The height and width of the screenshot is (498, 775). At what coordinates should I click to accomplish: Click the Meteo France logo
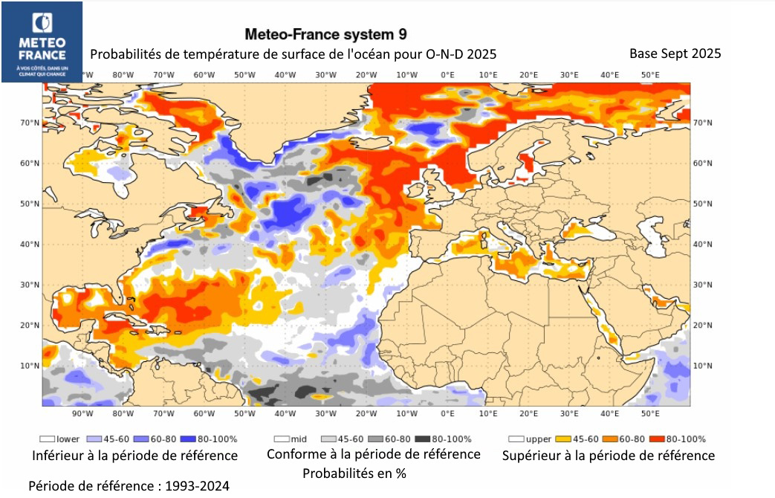[42, 42]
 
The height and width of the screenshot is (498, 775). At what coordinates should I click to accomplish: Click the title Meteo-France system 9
[325, 34]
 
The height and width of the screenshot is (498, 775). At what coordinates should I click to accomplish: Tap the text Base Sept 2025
[675, 54]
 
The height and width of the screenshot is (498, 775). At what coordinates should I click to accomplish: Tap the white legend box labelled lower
[48, 439]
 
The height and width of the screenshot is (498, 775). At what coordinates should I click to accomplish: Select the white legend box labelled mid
[282, 439]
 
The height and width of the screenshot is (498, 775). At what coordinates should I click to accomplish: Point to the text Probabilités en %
[354, 473]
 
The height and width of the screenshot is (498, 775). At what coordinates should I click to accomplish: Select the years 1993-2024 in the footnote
[192, 486]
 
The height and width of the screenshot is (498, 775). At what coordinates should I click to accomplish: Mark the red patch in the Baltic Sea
[529, 161]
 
